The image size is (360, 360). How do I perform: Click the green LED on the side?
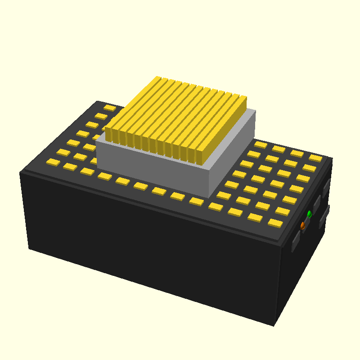[309, 214]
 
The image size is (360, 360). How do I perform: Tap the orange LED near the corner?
[303, 225]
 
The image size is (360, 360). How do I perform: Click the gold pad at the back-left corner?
[110, 108]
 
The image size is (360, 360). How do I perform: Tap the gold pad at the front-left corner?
[53, 162]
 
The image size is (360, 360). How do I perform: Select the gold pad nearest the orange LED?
[275, 223]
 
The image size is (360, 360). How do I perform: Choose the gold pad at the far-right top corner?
[315, 158]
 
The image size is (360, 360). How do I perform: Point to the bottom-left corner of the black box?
[30, 248]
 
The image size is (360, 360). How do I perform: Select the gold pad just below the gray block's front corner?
[216, 207]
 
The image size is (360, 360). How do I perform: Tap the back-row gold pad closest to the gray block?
[260, 144]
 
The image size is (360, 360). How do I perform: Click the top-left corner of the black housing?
[21, 172]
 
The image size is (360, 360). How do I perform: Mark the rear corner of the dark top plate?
[98, 101]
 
